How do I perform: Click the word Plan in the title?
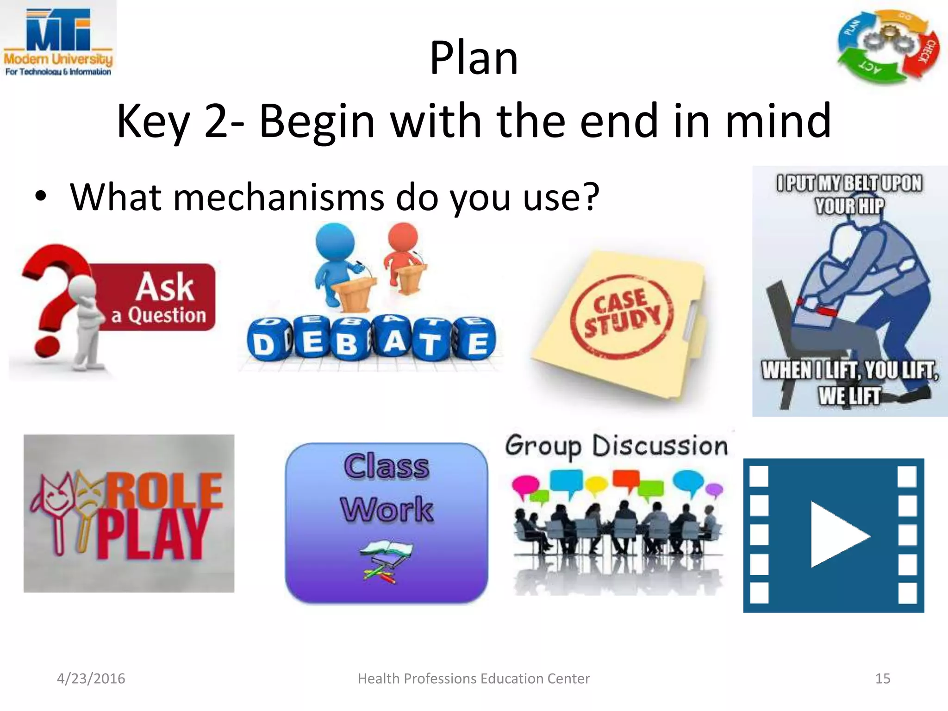tap(474, 58)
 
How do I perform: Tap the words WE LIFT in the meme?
tap(849, 396)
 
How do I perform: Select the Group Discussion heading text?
tap(617, 446)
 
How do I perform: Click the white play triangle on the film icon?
tap(838, 536)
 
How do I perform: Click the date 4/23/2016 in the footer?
tap(91, 679)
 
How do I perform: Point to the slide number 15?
tap(883, 679)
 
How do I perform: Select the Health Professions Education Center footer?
tap(474, 679)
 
